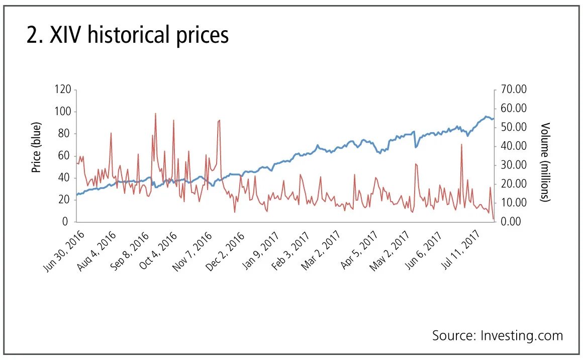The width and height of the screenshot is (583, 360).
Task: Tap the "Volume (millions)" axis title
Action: click(545, 162)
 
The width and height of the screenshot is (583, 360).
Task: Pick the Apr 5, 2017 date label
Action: click(359, 249)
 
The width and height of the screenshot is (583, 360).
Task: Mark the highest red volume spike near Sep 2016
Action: click(155, 114)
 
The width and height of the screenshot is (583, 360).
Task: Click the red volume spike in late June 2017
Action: click(461, 145)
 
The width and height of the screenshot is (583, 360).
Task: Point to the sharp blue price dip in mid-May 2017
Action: click(416, 147)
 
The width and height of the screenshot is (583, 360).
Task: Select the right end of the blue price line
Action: click(494, 119)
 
